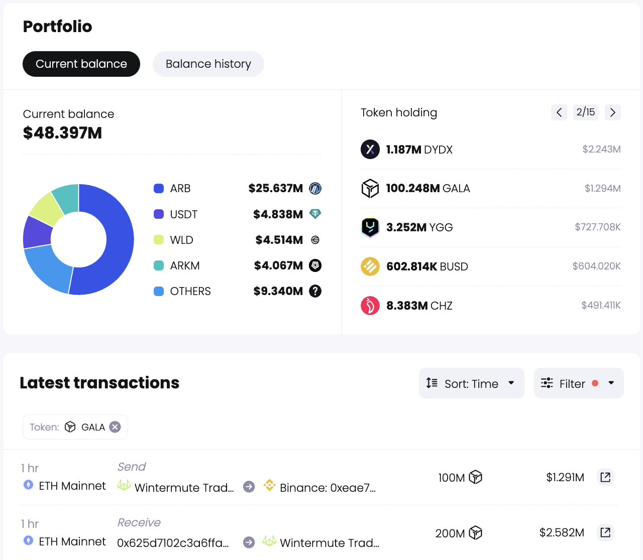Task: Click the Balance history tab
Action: (x=208, y=64)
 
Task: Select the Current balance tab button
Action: (x=81, y=64)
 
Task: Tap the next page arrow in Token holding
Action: (x=612, y=112)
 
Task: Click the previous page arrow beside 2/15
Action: (x=559, y=112)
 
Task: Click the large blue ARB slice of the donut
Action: (x=118, y=241)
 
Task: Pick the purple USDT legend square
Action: (x=159, y=214)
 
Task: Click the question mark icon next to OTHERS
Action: (x=315, y=291)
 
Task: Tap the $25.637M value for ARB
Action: (x=275, y=189)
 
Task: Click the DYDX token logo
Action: (x=370, y=150)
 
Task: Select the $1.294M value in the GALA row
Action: (x=602, y=189)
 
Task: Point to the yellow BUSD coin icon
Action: (x=370, y=266)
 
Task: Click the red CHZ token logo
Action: (x=370, y=306)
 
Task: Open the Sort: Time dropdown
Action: (x=471, y=383)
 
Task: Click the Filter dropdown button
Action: (x=578, y=383)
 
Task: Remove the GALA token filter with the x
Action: (x=115, y=427)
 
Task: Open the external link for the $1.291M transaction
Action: (x=605, y=477)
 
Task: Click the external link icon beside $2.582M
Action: (x=605, y=532)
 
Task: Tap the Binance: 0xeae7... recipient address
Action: (x=327, y=488)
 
